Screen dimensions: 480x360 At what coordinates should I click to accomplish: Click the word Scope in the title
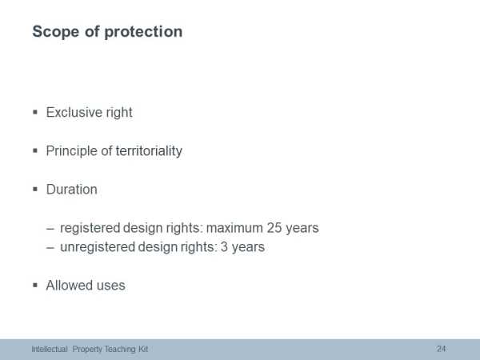click(55, 31)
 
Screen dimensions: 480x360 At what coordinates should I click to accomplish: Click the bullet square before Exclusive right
click(35, 112)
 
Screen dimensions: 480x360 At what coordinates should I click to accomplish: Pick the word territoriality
click(149, 151)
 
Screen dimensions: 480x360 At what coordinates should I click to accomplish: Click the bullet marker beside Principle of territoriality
click(35, 150)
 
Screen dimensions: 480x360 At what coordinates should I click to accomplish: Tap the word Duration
click(72, 190)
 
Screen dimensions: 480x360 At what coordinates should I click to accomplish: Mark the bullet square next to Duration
click(35, 189)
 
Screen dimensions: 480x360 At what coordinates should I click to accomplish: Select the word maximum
click(234, 228)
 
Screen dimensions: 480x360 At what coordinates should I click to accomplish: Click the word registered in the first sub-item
click(90, 228)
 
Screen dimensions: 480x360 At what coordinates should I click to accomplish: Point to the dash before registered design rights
click(50, 229)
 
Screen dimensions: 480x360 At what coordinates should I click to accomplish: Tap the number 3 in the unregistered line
click(224, 247)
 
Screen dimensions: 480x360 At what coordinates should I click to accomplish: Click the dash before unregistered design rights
click(50, 248)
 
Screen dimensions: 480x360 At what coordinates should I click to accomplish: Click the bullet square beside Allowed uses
click(35, 286)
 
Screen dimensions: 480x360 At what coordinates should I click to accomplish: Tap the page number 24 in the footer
click(441, 349)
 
